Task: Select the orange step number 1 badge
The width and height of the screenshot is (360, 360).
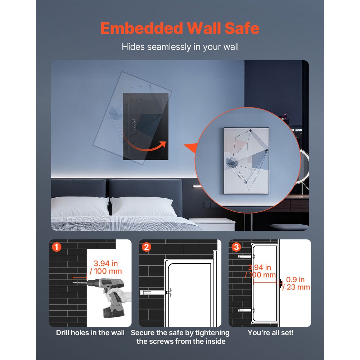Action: click(57, 247)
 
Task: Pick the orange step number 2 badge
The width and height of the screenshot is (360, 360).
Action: click(146, 247)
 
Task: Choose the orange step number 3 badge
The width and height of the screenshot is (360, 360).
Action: click(236, 247)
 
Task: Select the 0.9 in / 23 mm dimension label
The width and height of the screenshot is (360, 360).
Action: click(296, 283)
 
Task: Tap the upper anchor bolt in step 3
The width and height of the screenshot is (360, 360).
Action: click(246, 257)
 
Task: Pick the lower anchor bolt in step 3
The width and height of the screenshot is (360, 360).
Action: click(246, 310)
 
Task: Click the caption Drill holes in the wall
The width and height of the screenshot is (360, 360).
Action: click(90, 333)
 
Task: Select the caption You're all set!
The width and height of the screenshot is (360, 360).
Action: click(270, 333)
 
